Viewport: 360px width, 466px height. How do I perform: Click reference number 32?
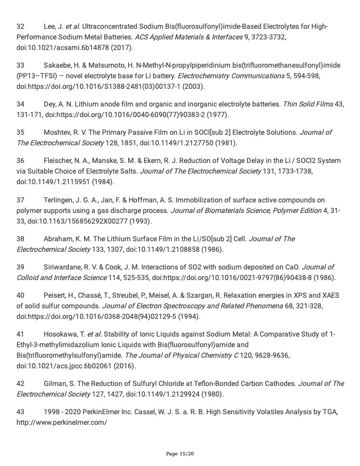[21, 27]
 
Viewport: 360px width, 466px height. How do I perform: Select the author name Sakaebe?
[57, 64]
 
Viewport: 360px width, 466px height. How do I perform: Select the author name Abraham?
[58, 239]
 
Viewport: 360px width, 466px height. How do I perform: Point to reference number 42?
[21, 384]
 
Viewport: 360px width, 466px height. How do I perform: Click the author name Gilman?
[55, 384]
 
